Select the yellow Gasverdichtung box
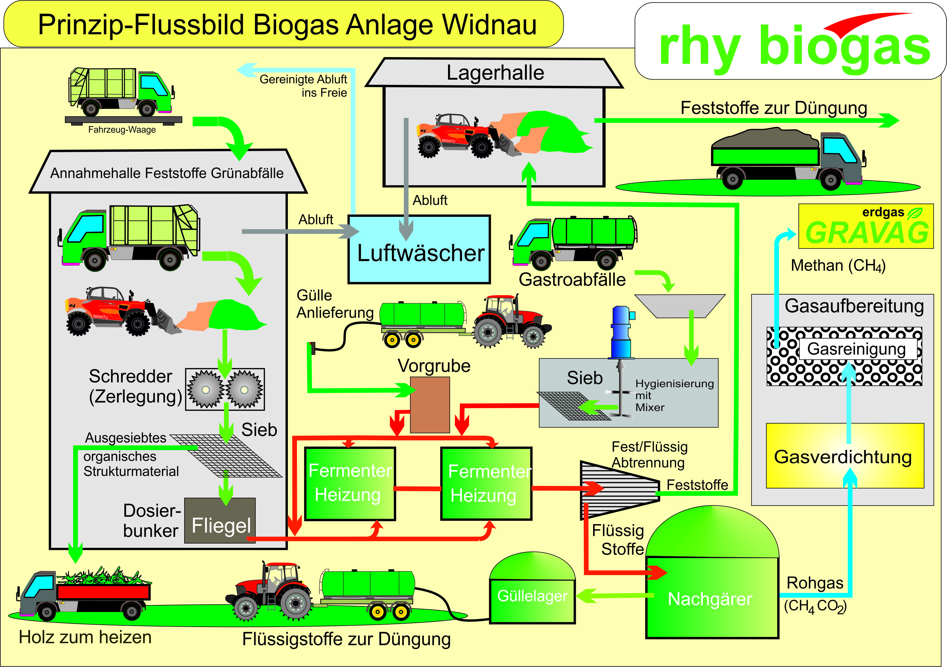pos(844,456)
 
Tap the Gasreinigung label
pos(856,349)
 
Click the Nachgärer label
pos(710,599)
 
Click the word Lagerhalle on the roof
pos(495,73)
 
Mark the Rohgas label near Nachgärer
pos(815,583)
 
